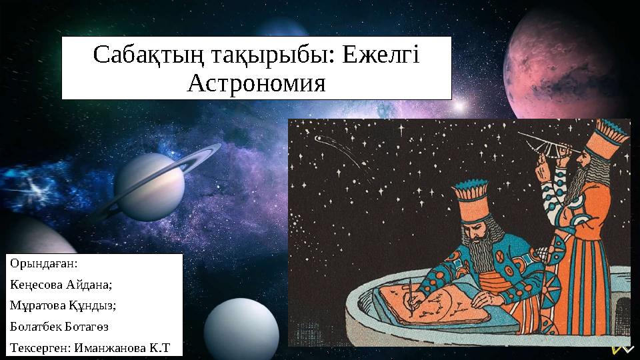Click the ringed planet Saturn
pyautogui.click(x=150, y=187)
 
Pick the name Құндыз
pyautogui.click(x=93, y=305)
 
